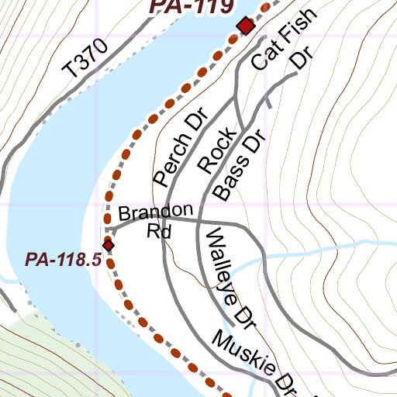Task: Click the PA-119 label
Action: [x=191, y=7]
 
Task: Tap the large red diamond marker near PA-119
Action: [x=246, y=27]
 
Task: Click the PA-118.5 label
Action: [x=64, y=260]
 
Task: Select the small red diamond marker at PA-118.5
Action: [x=109, y=245]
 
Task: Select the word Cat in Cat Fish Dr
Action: [x=267, y=53]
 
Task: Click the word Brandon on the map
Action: [x=155, y=212]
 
